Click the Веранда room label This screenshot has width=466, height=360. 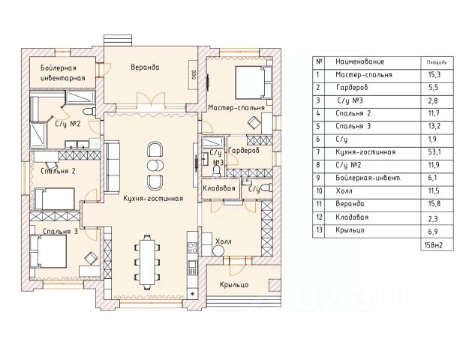point(145,67)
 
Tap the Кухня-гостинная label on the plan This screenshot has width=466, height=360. point(153,199)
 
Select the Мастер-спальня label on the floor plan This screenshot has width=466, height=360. point(236,107)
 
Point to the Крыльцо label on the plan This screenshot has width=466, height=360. point(234,285)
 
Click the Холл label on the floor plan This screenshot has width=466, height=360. point(224,241)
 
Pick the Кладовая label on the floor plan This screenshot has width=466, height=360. point(219,188)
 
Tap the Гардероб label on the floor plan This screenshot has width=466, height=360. point(244,151)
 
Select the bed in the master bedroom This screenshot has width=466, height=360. point(254,82)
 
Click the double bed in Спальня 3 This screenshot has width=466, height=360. point(48,251)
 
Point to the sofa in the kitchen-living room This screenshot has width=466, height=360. point(113,167)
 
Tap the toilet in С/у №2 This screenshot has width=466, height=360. point(89,112)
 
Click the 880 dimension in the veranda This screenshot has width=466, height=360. point(194,74)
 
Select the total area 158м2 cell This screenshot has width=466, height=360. point(434,245)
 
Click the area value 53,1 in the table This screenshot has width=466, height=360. point(434,152)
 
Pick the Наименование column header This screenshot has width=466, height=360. point(360,61)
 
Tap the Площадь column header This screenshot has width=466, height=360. point(437,62)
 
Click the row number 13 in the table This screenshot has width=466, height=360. point(319,229)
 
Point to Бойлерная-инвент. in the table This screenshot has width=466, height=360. point(368,178)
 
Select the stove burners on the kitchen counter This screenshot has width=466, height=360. point(192,247)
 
